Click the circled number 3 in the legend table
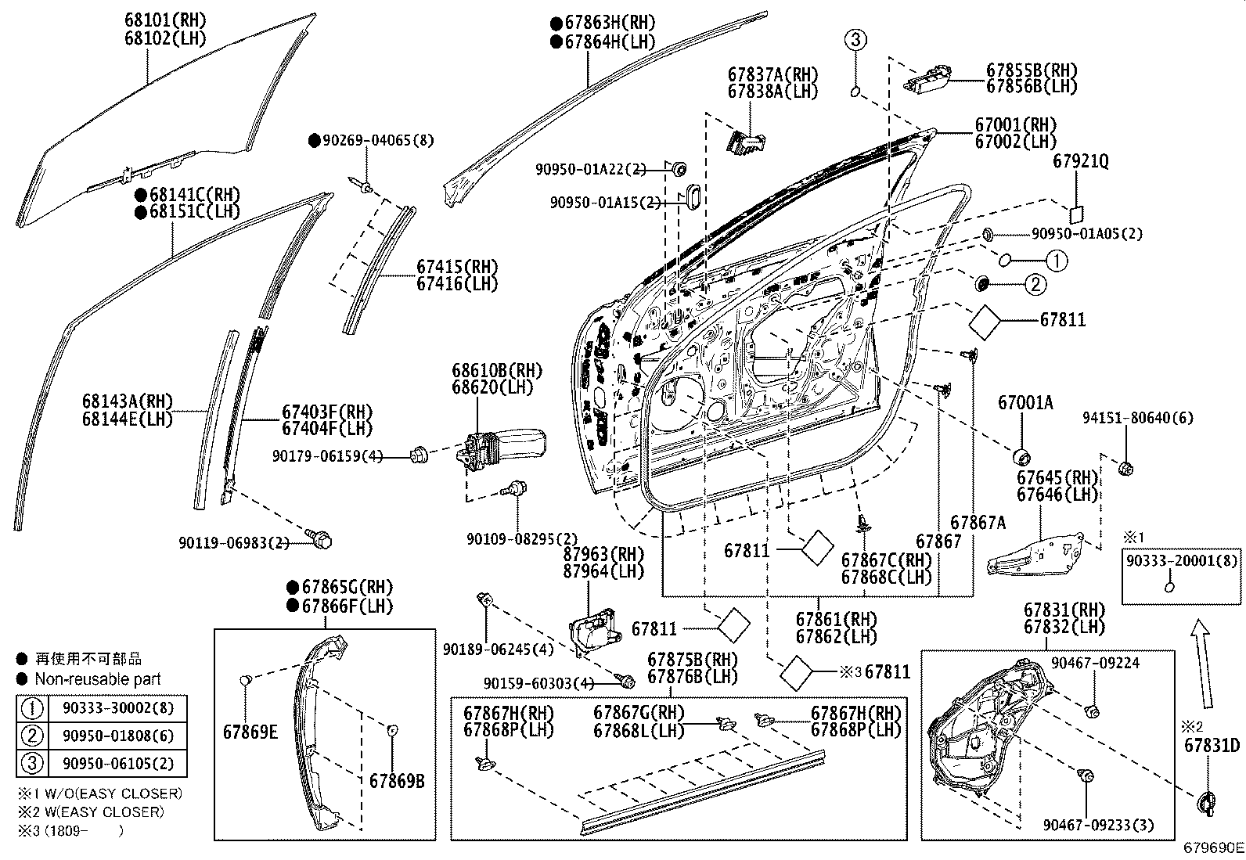pyautogui.click(x=32, y=764)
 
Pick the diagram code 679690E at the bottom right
pyautogui.click(x=1212, y=847)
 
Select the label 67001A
pyautogui.click(x=1025, y=403)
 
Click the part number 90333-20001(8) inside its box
pyautogui.click(x=1182, y=560)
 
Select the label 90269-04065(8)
pyautogui.click(x=371, y=141)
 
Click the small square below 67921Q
pyautogui.click(x=1077, y=214)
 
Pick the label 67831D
pyautogui.click(x=1212, y=746)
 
